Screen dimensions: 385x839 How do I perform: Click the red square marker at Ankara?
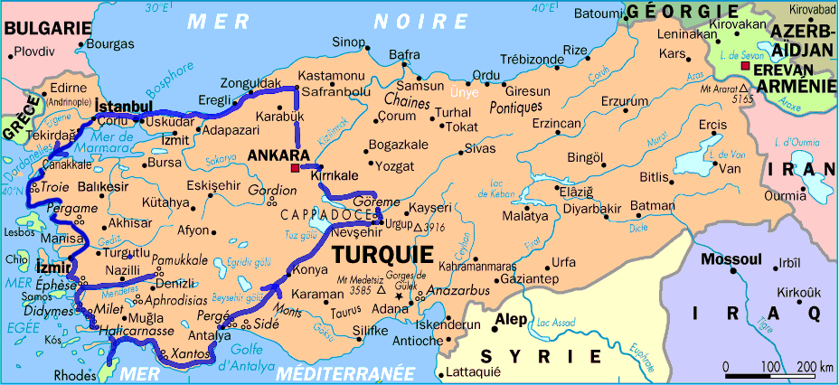click(x=294, y=169)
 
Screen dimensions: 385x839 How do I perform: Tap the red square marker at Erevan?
click(x=744, y=68)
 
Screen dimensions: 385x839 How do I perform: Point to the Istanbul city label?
click(x=123, y=107)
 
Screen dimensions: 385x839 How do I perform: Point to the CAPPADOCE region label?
click(x=329, y=215)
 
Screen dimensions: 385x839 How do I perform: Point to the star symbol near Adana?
click(x=398, y=296)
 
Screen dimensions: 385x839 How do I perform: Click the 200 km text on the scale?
click(x=815, y=366)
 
